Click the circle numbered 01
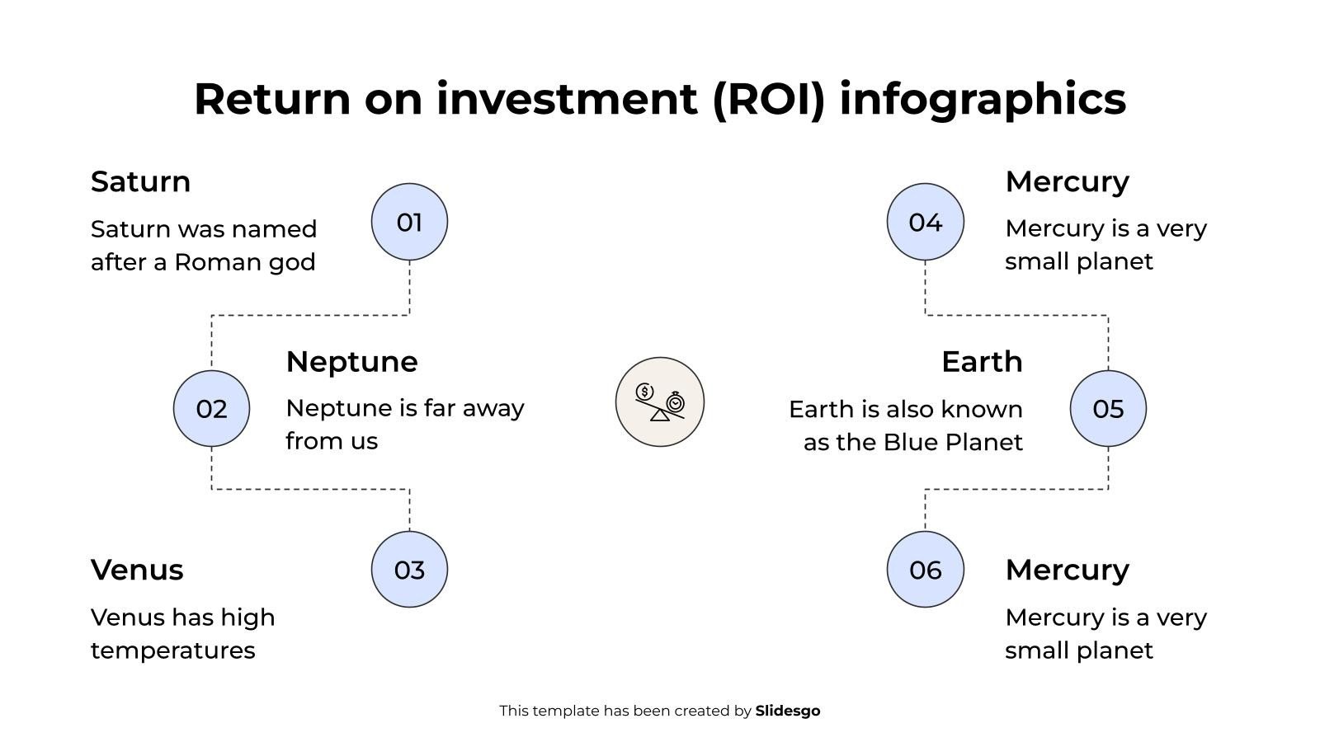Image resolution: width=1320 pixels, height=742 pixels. pyautogui.click(x=409, y=222)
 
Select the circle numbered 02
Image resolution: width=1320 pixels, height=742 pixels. pyautogui.click(x=211, y=408)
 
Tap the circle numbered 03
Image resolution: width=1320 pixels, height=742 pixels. pyautogui.click(x=409, y=570)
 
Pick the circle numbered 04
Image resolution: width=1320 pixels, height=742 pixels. pyautogui.click(x=925, y=222)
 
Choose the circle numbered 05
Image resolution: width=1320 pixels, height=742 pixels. pyautogui.click(x=1108, y=408)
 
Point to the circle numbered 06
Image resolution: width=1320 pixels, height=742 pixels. pyautogui.click(x=925, y=570)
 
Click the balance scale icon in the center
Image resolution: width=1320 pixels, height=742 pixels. pyautogui.click(x=659, y=402)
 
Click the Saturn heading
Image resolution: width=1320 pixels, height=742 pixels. pyautogui.click(x=140, y=181)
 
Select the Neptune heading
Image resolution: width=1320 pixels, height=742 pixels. pyautogui.click(x=351, y=362)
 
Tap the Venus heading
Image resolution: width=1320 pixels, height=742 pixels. pyautogui.click(x=137, y=570)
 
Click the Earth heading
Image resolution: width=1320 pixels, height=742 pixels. pyautogui.click(x=982, y=362)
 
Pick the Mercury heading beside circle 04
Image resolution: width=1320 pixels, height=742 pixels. pyautogui.click(x=1067, y=181)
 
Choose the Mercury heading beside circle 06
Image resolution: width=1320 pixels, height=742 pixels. pyautogui.click(x=1067, y=570)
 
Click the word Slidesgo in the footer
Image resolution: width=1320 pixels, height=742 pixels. pyautogui.click(x=787, y=711)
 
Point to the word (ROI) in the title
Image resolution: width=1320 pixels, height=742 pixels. pyautogui.click(x=768, y=99)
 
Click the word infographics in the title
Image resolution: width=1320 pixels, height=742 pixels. pyautogui.click(x=982, y=99)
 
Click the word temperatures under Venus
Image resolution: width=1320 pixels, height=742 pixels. pyautogui.click(x=172, y=650)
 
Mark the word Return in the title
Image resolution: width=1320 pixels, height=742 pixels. pyautogui.click(x=272, y=99)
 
